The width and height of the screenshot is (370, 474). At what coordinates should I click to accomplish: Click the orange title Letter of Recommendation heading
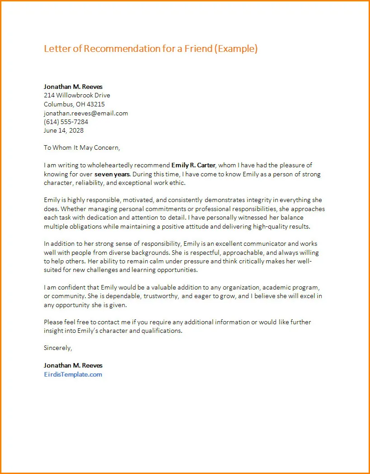coord(150,49)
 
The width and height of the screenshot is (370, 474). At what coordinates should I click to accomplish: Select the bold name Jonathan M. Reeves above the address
coord(73,86)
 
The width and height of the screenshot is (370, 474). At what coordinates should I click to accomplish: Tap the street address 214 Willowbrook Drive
coord(77,95)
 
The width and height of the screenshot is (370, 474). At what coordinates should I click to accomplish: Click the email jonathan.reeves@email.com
coord(86,113)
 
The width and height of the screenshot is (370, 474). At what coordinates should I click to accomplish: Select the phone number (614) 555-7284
coord(66,122)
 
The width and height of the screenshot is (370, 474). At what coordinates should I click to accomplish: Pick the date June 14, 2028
coord(64,131)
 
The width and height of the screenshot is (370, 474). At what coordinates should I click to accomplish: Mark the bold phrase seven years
coord(112,174)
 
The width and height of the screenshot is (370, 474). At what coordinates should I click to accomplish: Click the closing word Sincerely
coord(58,348)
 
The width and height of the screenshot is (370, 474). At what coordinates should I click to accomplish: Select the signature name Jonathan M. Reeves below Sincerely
coord(73,365)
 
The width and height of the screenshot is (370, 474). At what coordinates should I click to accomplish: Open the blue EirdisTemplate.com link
coord(73,374)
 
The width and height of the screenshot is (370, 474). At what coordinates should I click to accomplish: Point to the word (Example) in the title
coord(236,49)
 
